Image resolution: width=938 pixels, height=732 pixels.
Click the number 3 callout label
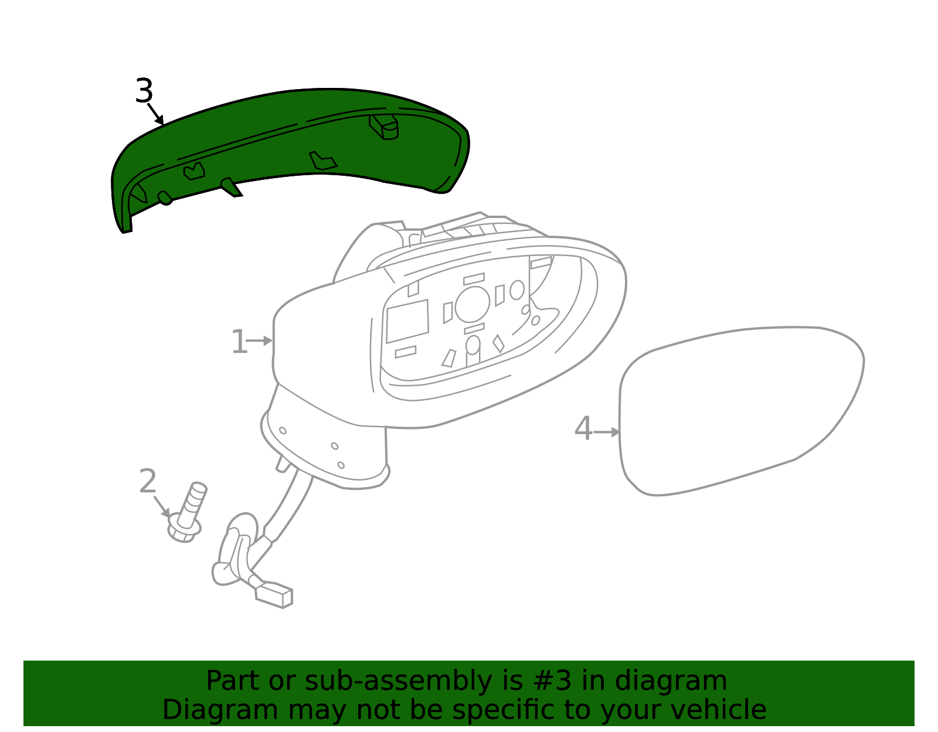(x=144, y=91)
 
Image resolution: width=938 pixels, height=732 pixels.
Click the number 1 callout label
(x=239, y=342)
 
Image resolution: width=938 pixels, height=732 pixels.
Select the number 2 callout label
(x=148, y=482)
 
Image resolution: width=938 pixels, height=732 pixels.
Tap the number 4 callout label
(x=583, y=429)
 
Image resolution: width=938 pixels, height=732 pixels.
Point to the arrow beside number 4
(x=607, y=433)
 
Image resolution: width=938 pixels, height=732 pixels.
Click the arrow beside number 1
(x=260, y=341)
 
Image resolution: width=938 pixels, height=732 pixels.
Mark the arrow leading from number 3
(x=155, y=114)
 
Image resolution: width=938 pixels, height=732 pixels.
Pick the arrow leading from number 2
(x=162, y=506)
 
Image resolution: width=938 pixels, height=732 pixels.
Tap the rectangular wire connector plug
(x=274, y=595)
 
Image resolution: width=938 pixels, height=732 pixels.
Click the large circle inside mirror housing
(x=472, y=304)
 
